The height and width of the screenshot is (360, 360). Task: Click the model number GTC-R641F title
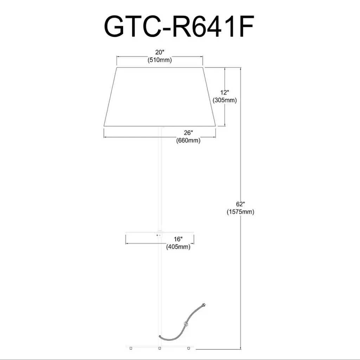[x=179, y=26]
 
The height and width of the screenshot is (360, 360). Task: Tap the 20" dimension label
[x=160, y=52]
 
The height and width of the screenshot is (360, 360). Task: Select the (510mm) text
[x=160, y=60]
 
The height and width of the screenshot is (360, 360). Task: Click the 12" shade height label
[x=225, y=92]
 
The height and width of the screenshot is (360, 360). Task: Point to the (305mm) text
[x=225, y=100]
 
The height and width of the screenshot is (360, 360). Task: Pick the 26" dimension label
[x=188, y=133]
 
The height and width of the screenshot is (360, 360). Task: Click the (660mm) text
[x=188, y=140]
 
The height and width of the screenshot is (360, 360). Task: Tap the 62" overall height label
[x=240, y=204]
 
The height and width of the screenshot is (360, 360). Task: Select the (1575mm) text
[x=240, y=212]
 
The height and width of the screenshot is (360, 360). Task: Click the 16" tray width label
[x=178, y=239]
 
